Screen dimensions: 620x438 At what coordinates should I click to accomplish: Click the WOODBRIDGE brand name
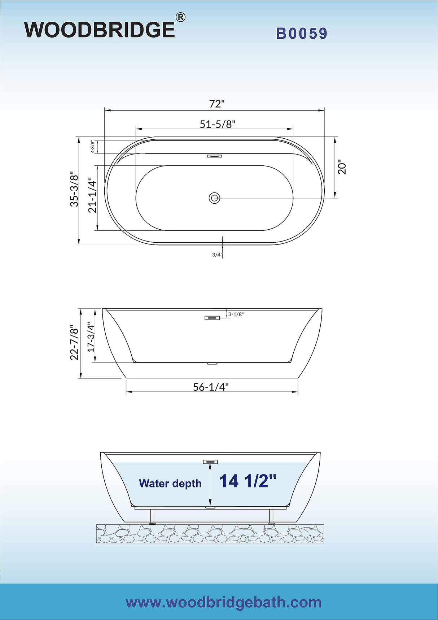point(100,30)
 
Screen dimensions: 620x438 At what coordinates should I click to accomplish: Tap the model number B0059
point(302,34)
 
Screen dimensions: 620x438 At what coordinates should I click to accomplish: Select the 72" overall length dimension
point(216,104)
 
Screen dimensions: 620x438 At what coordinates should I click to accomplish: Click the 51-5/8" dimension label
point(218,124)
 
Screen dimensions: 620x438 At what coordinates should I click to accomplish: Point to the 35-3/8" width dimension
point(74,189)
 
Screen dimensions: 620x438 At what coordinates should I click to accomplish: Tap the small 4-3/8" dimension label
point(93,147)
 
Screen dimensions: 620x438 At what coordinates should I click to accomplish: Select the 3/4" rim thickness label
point(217,255)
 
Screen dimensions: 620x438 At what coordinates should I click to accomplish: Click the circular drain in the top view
point(214,198)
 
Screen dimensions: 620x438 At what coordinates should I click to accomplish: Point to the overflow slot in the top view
point(214,156)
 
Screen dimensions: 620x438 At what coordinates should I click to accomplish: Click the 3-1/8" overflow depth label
point(236,315)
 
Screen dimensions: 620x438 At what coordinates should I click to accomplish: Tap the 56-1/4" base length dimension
point(211,387)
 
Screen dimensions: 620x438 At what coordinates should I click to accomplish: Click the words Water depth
point(170,484)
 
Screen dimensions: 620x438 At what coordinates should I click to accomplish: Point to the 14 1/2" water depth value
point(248,481)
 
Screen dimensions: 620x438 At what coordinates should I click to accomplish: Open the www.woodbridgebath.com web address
point(223,602)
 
